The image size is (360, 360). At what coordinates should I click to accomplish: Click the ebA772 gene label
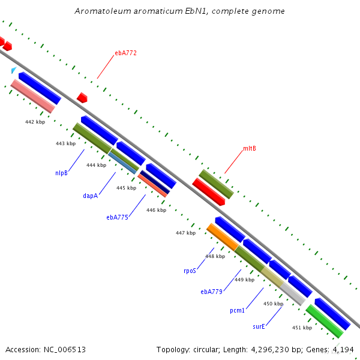click(125, 53)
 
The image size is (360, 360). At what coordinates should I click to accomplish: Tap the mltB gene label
click(250, 149)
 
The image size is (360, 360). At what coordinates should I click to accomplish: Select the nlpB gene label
click(62, 173)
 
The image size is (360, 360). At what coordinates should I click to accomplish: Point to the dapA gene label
click(90, 196)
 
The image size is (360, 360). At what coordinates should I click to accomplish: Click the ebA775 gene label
click(118, 217)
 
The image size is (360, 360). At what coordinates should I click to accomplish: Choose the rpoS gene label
click(190, 271)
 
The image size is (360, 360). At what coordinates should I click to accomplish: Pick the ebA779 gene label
click(211, 292)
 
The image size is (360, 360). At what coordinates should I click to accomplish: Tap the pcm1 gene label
click(237, 310)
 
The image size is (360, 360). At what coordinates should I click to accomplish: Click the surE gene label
click(259, 326)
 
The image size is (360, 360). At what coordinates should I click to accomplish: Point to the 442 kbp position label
click(35, 122)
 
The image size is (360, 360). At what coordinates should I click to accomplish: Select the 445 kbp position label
click(126, 188)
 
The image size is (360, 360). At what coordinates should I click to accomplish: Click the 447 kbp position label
click(186, 233)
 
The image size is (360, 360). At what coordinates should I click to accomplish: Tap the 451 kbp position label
click(302, 328)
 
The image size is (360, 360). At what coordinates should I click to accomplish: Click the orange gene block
click(223, 237)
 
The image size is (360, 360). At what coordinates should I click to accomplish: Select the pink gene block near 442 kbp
click(33, 96)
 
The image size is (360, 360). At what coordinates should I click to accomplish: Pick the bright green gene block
click(325, 321)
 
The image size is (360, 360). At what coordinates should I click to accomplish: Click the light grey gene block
click(293, 294)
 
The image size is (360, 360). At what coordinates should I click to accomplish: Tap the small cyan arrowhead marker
click(14, 70)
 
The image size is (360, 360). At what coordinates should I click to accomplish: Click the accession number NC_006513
click(65, 350)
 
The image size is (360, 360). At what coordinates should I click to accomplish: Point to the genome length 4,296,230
click(270, 350)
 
